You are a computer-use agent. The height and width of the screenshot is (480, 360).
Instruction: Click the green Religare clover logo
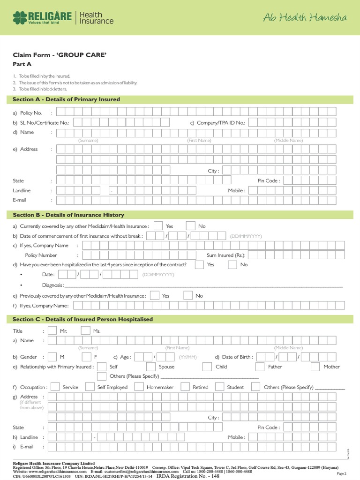19,18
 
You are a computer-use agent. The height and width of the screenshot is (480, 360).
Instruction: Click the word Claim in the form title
22,55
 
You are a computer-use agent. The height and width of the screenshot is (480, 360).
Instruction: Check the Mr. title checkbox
52,330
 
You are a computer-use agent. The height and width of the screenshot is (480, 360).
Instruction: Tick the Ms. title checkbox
85,330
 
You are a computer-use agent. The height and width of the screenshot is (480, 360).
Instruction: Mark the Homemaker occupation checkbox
139,387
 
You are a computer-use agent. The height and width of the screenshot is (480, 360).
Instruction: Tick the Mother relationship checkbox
315,367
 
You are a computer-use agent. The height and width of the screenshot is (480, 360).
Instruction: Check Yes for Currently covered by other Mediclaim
158,226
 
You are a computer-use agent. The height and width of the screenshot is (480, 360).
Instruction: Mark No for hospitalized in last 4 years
232,264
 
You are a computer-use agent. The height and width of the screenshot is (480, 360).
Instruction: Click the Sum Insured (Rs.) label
226,255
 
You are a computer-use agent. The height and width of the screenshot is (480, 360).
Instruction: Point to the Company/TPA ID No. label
217,123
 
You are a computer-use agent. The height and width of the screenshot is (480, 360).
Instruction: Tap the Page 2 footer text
342,474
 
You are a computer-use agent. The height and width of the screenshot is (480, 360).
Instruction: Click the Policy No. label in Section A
31,113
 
